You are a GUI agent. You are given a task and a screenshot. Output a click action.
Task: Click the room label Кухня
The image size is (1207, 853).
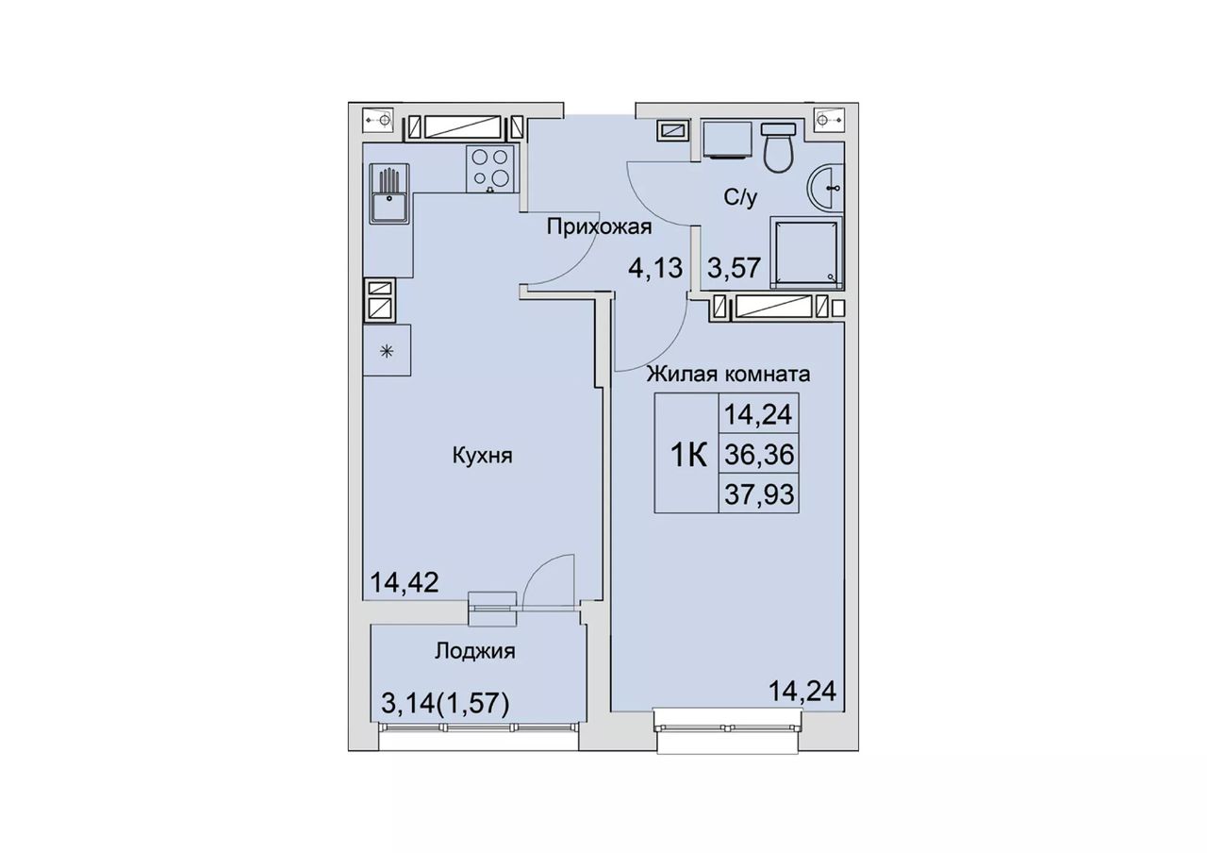482,457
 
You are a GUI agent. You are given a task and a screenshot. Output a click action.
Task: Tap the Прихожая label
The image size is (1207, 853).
599,227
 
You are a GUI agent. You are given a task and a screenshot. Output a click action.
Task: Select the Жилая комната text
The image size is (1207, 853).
729,374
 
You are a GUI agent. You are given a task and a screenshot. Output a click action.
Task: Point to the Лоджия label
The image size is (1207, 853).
474,651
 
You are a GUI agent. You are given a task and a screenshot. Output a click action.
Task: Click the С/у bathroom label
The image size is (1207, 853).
740,197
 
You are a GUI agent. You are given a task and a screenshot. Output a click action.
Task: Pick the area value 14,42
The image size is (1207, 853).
404,582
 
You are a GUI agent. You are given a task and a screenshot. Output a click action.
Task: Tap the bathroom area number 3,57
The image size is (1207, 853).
734,267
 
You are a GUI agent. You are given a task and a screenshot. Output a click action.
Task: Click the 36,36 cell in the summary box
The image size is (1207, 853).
759,456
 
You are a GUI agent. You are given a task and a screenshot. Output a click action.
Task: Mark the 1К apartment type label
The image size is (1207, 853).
688,456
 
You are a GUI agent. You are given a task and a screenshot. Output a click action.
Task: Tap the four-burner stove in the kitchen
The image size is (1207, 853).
490,168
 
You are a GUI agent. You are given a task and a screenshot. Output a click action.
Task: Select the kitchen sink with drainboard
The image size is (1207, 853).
389,193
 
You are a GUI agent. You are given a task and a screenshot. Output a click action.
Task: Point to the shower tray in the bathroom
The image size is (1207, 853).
806,252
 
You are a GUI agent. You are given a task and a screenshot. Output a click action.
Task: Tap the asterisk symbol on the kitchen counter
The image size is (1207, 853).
387,352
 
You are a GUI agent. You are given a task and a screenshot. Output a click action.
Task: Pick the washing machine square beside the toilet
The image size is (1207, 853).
727,140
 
